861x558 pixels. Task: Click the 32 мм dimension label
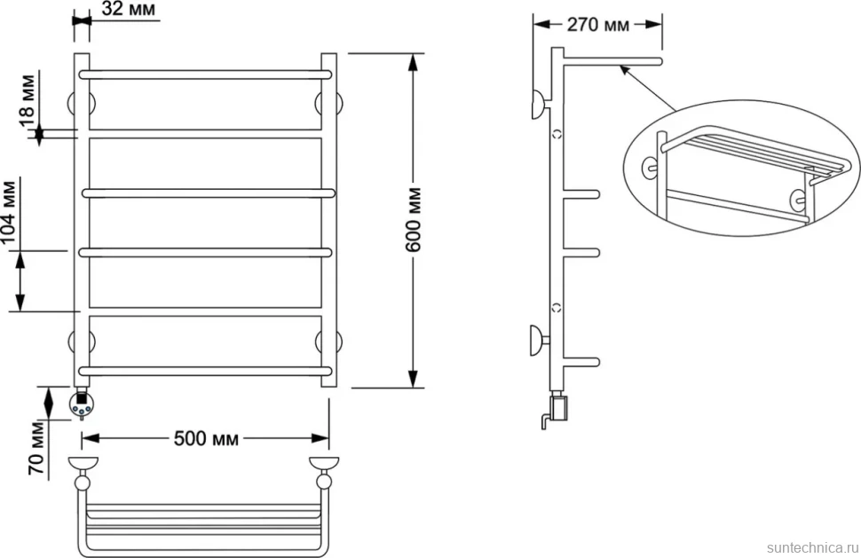click(129, 9)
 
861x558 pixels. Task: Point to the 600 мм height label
click(413, 219)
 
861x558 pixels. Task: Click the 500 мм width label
click(206, 438)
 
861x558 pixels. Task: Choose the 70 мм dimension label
click(36, 448)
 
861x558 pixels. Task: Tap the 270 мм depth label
click(597, 25)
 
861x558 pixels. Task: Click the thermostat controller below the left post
click(81, 404)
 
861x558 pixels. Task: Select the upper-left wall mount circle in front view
click(81, 104)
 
